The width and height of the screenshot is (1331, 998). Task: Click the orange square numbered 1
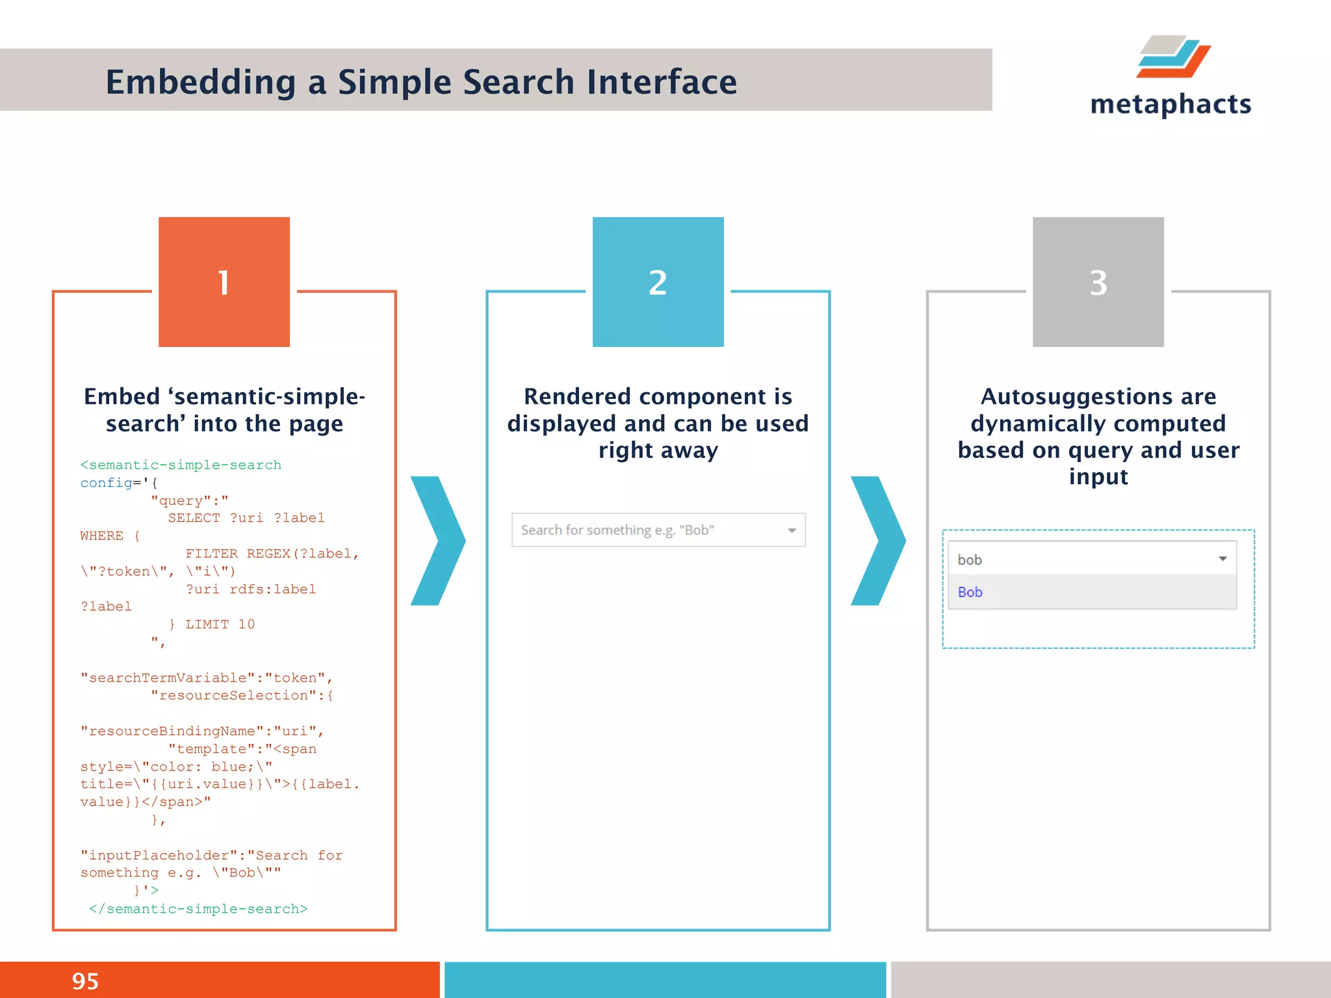(x=224, y=281)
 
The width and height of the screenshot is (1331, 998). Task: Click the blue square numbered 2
(x=658, y=281)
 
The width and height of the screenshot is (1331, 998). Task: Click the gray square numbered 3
(x=1098, y=281)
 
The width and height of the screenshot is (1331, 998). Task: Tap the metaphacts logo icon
(x=1174, y=57)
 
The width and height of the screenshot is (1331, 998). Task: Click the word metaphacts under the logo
(x=1170, y=105)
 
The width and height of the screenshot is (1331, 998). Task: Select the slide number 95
(x=85, y=980)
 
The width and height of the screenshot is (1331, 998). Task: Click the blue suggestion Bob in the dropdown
(x=970, y=592)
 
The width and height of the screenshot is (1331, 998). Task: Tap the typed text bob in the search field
(x=969, y=559)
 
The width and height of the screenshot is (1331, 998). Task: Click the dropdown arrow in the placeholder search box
(x=792, y=530)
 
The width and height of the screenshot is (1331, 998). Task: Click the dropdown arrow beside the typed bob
(x=1222, y=559)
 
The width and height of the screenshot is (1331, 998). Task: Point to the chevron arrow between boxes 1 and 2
(x=438, y=541)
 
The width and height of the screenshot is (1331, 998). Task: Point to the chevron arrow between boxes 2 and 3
(x=878, y=541)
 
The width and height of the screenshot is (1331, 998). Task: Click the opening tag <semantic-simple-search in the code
(x=181, y=465)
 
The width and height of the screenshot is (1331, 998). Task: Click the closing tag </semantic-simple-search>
(x=198, y=908)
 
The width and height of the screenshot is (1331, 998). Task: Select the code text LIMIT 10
(x=220, y=624)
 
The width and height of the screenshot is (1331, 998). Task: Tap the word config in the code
(x=105, y=483)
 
